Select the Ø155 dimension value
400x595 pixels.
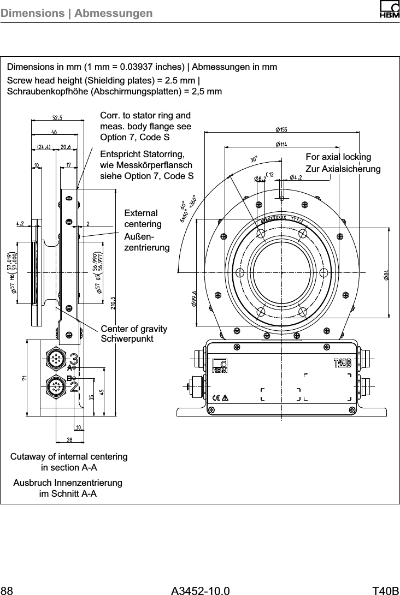[281, 129]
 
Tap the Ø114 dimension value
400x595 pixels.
[281, 144]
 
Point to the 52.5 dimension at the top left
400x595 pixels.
[57, 117]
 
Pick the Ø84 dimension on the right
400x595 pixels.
[386, 275]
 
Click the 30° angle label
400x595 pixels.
[254, 159]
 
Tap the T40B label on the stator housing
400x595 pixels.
[342, 364]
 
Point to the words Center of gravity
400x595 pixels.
[134, 329]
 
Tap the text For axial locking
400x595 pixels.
[338, 157]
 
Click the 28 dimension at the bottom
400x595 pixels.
[70, 439]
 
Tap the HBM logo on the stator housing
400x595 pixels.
[220, 366]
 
